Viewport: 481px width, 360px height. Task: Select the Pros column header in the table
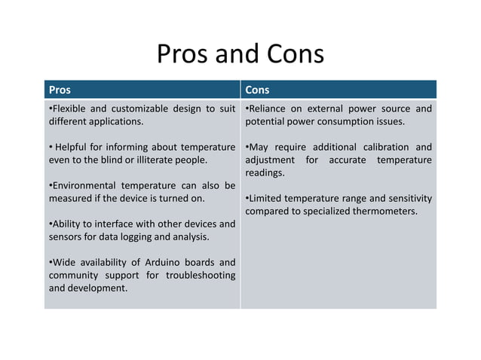point(60,90)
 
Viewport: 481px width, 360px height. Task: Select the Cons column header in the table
point(257,90)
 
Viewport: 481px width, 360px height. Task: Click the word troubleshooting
point(197,275)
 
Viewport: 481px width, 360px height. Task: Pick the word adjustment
point(272,160)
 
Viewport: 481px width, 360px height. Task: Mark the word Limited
point(268,198)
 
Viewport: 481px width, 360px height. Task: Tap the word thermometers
point(383,211)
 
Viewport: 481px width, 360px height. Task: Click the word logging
point(155,236)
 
